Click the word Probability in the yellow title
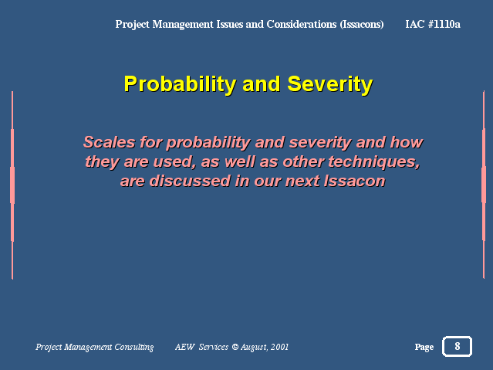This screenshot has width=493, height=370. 180,84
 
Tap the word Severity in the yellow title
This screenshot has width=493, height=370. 329,84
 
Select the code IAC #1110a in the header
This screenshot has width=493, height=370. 433,24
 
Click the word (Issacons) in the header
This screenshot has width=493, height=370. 362,24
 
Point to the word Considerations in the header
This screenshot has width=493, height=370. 301,24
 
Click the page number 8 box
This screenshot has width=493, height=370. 457,346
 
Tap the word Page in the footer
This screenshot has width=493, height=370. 424,347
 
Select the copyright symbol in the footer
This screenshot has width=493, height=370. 235,347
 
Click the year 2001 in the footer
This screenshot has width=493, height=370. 279,347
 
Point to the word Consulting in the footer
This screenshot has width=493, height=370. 134,347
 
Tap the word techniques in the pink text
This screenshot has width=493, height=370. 374,162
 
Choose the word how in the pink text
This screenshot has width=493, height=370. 407,142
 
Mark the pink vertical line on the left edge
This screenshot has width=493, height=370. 12,185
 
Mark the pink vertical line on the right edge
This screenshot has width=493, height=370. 484,185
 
